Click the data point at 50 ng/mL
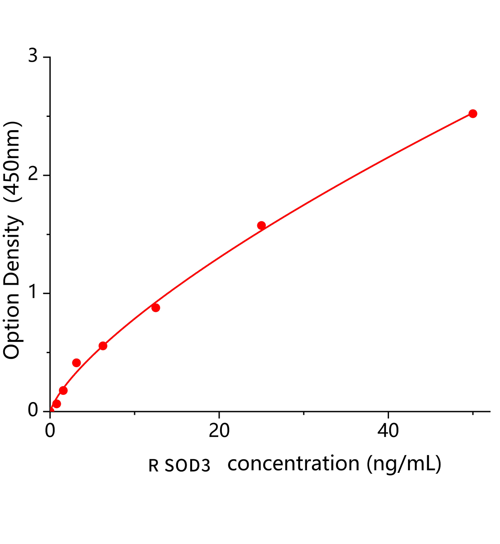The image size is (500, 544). [472, 114]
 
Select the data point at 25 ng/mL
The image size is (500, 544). [261, 226]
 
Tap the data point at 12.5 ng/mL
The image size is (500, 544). [156, 308]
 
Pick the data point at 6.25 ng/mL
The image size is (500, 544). [103, 346]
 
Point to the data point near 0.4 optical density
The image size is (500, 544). [77, 363]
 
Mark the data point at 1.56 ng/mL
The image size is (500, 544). [63, 390]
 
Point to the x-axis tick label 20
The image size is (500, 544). [219, 431]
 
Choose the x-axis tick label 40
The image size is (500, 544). [388, 431]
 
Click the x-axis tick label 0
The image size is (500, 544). [50, 431]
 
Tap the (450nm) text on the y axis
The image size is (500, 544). [12, 162]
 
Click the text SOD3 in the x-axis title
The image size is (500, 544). [187, 466]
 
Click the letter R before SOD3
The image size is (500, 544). [154, 466]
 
